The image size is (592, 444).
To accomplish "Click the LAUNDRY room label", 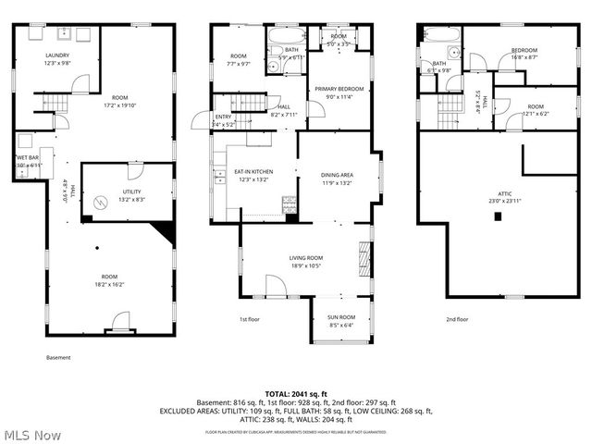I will tap(57, 55).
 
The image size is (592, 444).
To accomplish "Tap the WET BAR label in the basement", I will tap(27, 157).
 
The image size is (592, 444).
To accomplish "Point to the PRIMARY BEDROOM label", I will tap(339, 88).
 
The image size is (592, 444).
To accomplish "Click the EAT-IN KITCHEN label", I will tap(252, 172).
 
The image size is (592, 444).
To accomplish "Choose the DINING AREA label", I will tap(337, 175).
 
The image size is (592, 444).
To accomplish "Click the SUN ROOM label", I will tap(341, 317).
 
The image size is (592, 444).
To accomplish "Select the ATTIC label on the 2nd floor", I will tap(496, 194).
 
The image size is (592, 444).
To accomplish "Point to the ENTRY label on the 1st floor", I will tap(223, 116).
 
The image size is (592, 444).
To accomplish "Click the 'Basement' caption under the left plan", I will tap(57, 357).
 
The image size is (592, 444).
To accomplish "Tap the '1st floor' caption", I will tap(250, 319).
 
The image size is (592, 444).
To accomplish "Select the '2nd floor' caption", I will tap(457, 319).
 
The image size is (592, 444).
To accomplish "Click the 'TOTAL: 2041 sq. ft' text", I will tap(295, 393).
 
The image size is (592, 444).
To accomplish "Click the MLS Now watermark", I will tap(31, 434).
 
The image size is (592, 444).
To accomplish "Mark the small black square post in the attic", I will tap(498, 216).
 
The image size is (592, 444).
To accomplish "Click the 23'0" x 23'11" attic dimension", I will tap(496, 202).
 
